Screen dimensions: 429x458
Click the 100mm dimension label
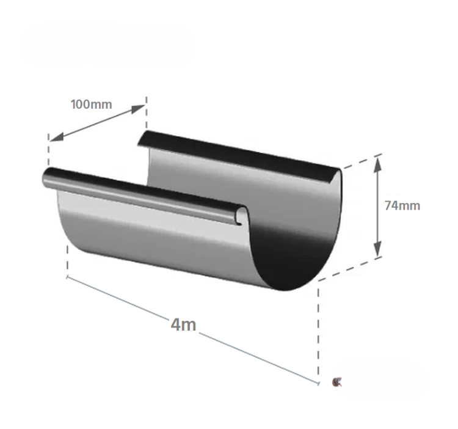(x=92, y=104)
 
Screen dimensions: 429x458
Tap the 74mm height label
(x=402, y=205)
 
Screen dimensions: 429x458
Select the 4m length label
(x=183, y=324)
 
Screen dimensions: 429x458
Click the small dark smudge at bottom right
(x=335, y=382)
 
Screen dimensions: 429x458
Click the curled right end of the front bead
(x=243, y=215)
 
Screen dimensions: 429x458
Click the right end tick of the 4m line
(x=318, y=383)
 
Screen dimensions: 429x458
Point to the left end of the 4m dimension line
(x=68, y=277)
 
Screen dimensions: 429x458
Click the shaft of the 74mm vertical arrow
(x=378, y=205)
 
